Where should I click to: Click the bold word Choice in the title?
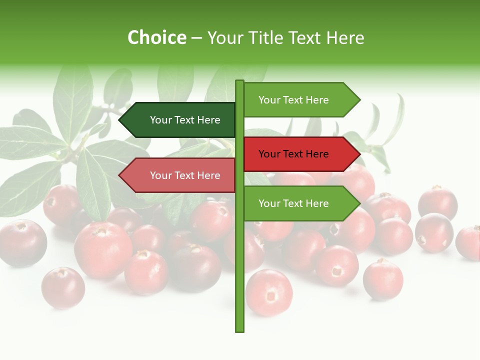click(156, 37)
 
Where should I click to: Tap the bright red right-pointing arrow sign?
click(300, 154)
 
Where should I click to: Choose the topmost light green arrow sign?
click(300, 100)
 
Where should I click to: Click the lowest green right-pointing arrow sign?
click(300, 203)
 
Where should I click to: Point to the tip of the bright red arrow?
click(359, 154)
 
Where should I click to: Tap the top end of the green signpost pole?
click(239, 81)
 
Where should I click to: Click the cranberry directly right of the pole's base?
click(268, 292)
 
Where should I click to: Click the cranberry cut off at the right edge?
click(468, 242)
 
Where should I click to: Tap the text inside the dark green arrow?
click(185, 120)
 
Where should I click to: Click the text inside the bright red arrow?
click(293, 154)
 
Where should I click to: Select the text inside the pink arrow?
click(185, 175)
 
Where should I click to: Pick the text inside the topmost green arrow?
click(293, 100)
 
